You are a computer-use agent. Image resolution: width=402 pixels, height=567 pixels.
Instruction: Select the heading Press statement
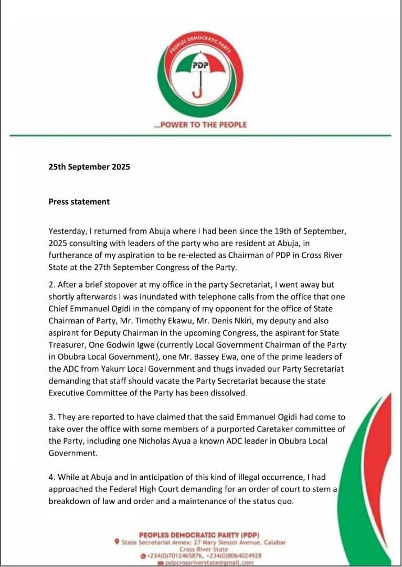pos(79,201)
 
